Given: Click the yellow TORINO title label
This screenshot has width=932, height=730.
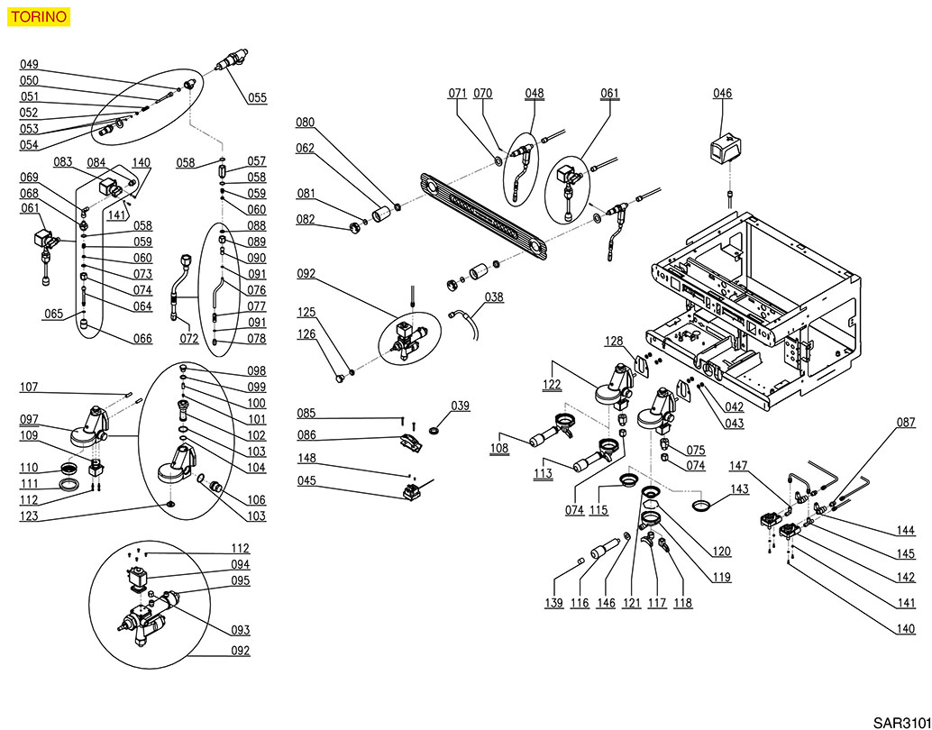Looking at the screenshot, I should point(36,17).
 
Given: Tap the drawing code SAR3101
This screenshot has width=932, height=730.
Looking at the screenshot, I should point(901,721).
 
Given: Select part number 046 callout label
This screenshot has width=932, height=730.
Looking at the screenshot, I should point(722,93).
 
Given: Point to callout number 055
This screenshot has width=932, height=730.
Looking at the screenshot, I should point(257,98).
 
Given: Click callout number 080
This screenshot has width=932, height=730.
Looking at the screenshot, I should point(306,123).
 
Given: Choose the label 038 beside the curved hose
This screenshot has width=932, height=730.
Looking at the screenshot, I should point(494,297).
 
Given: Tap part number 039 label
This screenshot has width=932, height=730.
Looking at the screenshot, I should point(460,406).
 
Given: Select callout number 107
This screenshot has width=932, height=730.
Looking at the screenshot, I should point(29,388).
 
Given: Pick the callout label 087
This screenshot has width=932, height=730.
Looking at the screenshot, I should point(905,423).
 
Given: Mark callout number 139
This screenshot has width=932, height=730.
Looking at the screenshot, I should point(553,602).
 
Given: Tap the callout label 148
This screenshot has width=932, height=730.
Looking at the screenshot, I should point(306,458).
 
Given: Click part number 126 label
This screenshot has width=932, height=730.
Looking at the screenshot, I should point(306,333).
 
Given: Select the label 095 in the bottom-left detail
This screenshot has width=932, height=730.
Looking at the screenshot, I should point(240,581).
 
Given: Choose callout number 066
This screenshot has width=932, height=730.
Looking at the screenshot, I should point(142,339).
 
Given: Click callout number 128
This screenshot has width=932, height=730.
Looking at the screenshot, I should point(613,342).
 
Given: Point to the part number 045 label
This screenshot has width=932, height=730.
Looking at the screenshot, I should point(306,480).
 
